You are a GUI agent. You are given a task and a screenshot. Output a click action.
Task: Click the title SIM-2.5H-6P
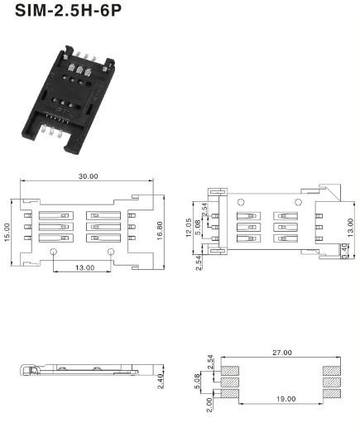(68, 10)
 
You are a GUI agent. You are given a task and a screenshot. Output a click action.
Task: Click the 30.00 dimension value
(88, 176)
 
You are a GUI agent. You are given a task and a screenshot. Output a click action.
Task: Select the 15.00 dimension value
(7, 233)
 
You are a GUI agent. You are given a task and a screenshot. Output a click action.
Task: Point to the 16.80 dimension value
(160, 231)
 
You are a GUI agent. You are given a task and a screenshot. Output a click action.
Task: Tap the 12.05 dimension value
(189, 228)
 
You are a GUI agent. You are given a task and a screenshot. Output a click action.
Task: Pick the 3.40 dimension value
(344, 251)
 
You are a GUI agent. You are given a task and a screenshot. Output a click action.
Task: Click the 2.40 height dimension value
(161, 381)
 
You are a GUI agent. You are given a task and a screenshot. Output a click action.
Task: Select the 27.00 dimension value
(282, 353)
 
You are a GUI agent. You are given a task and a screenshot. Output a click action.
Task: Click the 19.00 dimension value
(286, 399)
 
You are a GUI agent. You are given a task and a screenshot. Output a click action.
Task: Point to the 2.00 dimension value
(209, 405)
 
